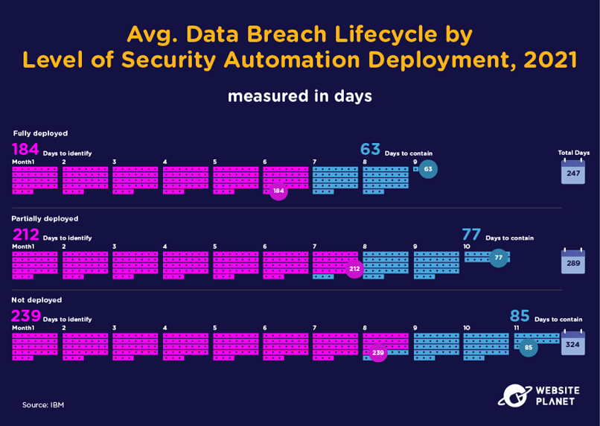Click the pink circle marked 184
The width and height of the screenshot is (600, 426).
pyautogui.click(x=278, y=191)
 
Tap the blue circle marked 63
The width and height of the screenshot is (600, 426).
pyautogui.click(x=428, y=169)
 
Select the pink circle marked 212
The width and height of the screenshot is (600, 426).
pyautogui.click(x=355, y=269)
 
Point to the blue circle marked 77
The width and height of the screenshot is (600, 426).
pyautogui.click(x=499, y=258)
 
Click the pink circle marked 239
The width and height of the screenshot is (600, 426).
pyautogui.click(x=378, y=352)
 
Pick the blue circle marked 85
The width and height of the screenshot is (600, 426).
pyautogui.click(x=529, y=348)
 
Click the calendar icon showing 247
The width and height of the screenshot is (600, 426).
pyautogui.click(x=573, y=171)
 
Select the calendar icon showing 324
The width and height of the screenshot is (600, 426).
pyautogui.click(x=573, y=343)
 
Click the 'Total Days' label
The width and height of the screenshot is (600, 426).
pyautogui.click(x=574, y=153)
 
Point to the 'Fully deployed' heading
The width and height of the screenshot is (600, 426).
pyautogui.click(x=40, y=133)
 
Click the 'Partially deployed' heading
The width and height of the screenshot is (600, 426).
pyautogui.click(x=45, y=218)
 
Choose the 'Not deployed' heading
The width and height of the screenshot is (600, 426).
pyautogui.click(x=36, y=300)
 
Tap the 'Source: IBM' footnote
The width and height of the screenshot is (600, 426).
pyautogui.click(x=43, y=405)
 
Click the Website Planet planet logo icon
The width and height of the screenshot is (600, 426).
pyautogui.click(x=514, y=395)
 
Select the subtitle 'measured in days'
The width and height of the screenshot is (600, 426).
pyautogui.click(x=300, y=96)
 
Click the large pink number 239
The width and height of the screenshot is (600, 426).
pyautogui.click(x=26, y=317)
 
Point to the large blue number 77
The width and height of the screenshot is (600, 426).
pyautogui.click(x=471, y=235)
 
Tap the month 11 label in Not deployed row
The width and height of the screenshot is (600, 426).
pyautogui.click(x=516, y=328)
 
